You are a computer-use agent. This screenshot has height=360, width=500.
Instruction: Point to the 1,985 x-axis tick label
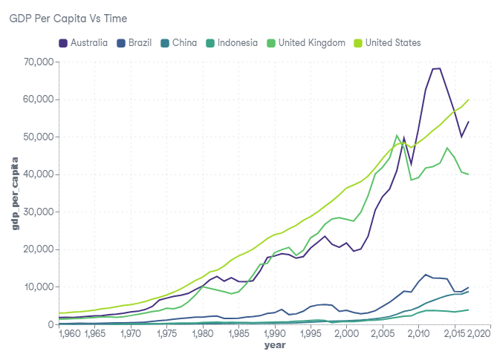(x=238, y=335)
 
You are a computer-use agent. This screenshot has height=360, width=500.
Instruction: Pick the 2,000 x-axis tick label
(x=346, y=335)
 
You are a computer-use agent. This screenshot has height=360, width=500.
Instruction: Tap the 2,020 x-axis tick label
(x=478, y=335)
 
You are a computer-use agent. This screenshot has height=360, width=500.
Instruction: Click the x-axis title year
(x=274, y=346)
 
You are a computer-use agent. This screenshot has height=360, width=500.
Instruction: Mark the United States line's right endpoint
(x=469, y=99)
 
